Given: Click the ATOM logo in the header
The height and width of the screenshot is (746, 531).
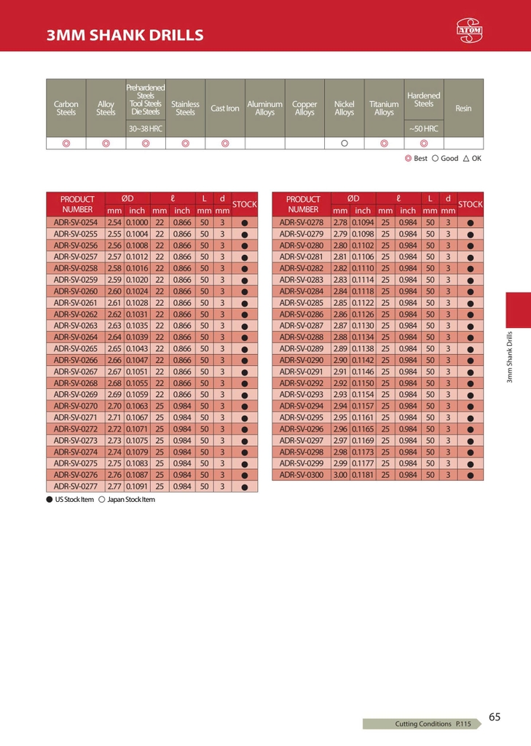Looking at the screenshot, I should [x=470, y=29].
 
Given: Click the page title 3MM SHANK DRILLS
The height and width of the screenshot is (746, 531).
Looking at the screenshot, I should [x=125, y=35].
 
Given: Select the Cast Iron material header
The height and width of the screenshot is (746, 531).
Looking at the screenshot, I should [x=225, y=109].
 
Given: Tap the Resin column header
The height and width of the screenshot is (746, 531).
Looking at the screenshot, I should [x=463, y=109].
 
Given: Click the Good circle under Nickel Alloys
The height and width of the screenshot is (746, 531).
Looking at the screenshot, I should [x=345, y=144].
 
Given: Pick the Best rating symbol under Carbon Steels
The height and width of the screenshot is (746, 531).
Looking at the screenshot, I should [x=66, y=144].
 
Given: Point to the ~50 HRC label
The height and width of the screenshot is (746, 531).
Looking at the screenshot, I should [x=423, y=129].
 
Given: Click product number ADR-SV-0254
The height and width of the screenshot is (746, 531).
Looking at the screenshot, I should [x=76, y=222].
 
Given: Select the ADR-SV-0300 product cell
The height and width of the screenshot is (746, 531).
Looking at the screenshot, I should [x=301, y=475].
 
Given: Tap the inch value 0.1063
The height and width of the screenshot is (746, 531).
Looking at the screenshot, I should [x=137, y=406].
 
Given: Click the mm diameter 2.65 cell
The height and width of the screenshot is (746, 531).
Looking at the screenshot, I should [x=114, y=349].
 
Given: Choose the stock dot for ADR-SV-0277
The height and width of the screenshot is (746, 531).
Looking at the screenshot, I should [x=245, y=487].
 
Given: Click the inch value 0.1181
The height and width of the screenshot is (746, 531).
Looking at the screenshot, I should [x=363, y=475].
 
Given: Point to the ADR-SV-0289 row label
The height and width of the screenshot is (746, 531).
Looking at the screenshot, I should [x=301, y=349].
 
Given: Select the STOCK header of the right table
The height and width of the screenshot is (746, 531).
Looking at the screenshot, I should [x=470, y=205].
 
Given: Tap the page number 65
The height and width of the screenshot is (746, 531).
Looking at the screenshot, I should [x=495, y=717].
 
